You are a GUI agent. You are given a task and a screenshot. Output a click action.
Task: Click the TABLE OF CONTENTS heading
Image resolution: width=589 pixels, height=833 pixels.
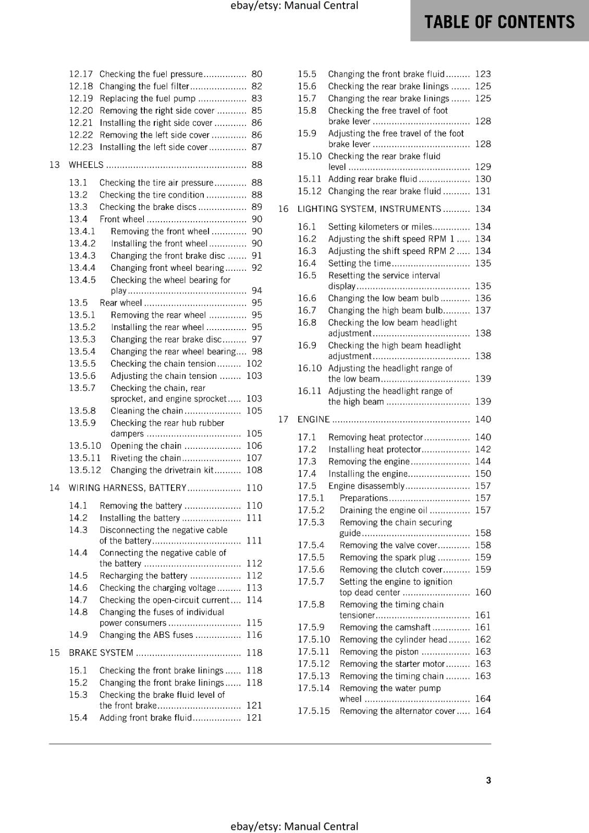[x=499, y=22]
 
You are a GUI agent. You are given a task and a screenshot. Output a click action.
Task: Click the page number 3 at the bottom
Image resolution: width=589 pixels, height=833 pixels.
[x=488, y=780]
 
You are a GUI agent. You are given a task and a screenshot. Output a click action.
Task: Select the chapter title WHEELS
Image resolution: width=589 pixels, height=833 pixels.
[x=86, y=165]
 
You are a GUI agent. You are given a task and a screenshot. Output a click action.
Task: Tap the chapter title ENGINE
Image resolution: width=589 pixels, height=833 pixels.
[x=313, y=420]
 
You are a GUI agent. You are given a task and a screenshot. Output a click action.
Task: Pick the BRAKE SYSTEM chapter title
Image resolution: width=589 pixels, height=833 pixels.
[x=101, y=653]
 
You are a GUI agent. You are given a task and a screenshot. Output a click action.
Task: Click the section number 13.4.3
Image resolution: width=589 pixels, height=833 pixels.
[x=82, y=256]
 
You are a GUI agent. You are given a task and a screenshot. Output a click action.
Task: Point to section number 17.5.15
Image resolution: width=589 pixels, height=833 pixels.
[x=314, y=711]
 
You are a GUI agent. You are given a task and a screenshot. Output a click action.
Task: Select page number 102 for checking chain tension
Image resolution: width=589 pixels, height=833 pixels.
[x=254, y=364]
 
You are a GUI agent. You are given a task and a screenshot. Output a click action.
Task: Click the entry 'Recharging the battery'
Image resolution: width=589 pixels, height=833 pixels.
[x=143, y=576]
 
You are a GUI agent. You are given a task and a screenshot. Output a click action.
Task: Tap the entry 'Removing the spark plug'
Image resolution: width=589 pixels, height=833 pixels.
[x=387, y=558]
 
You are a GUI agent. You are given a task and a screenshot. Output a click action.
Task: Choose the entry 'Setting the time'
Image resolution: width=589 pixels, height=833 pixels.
[x=359, y=263]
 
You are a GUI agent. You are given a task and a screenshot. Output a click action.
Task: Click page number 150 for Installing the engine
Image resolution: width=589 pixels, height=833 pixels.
[x=483, y=474]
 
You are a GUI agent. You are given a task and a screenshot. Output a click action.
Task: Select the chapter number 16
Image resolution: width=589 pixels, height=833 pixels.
[x=283, y=209]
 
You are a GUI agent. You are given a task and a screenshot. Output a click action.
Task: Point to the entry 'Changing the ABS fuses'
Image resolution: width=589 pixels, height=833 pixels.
[x=146, y=635]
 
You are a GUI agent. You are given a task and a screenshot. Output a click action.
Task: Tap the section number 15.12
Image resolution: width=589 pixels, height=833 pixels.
[x=310, y=192]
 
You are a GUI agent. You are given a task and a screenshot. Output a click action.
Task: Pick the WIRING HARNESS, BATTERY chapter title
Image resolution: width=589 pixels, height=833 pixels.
[x=127, y=488]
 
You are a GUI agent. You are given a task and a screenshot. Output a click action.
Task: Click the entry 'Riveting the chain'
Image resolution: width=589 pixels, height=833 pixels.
[x=145, y=458]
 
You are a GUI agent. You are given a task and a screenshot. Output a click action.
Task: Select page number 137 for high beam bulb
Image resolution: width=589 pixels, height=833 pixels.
[x=483, y=310]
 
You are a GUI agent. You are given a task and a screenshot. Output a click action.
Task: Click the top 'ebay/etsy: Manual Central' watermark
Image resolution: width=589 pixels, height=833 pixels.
[x=294, y=6]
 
